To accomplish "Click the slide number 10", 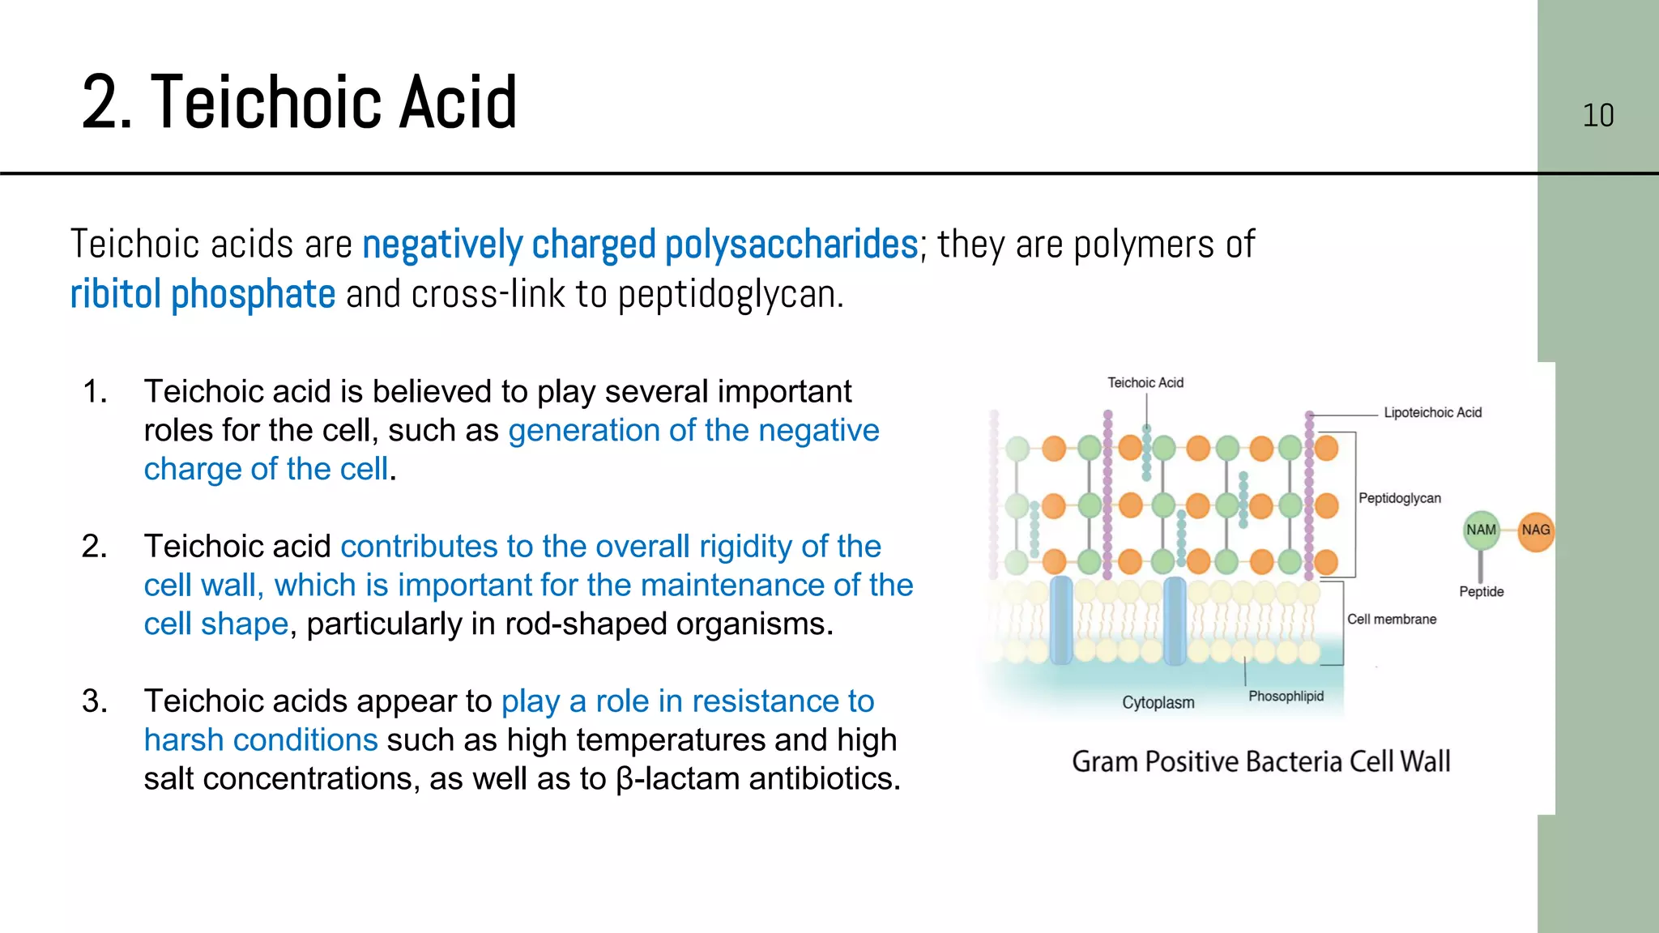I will (x=1597, y=115).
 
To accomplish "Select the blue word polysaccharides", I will (x=791, y=244).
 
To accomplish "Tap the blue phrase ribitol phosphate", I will (x=203, y=294).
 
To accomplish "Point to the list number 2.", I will (x=94, y=546).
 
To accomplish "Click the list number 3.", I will (x=94, y=701).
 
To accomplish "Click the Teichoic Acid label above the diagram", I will (x=1145, y=382).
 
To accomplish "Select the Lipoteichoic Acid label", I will (x=1432, y=412).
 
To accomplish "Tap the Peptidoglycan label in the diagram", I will (x=1399, y=498).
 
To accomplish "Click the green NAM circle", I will (x=1481, y=530).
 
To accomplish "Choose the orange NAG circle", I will (x=1535, y=530).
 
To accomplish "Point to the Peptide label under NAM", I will (x=1481, y=591).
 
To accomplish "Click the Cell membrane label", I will (x=1391, y=619).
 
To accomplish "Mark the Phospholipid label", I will (x=1286, y=696).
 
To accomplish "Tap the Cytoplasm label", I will (x=1158, y=702).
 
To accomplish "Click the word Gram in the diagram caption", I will (x=1104, y=761).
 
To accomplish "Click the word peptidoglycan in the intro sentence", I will (x=731, y=294).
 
